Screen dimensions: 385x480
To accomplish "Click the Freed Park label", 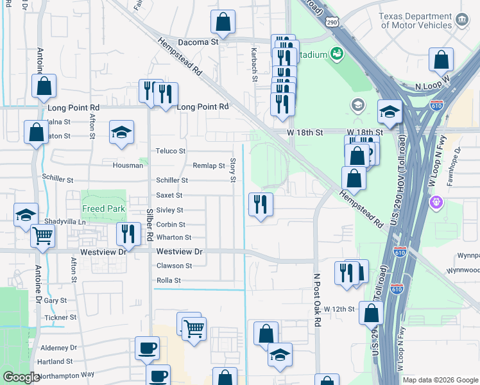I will (103, 209).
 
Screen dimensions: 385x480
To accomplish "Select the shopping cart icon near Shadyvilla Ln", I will (43, 236).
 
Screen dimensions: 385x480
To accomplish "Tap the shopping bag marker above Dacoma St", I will (223, 22).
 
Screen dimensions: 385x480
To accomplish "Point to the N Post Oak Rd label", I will (317, 301).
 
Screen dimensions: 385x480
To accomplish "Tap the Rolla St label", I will (169, 280).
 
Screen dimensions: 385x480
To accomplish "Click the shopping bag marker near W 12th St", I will (372, 313).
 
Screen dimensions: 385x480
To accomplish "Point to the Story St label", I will (233, 170).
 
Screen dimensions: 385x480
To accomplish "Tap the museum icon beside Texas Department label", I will (461, 21).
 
